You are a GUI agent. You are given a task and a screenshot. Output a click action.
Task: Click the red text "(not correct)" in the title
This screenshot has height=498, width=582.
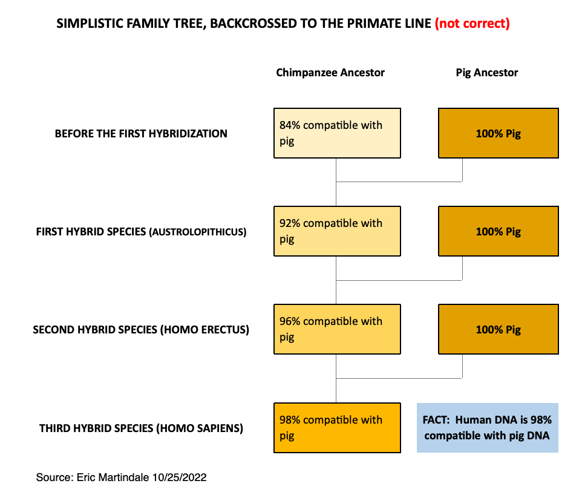click(x=472, y=24)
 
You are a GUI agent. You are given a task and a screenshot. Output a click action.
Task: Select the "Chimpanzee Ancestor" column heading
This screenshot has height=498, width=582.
click(x=330, y=73)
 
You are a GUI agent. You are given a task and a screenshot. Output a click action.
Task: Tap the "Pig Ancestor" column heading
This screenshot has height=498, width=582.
click(x=486, y=73)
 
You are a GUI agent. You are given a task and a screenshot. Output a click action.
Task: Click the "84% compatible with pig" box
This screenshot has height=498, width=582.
click(x=337, y=133)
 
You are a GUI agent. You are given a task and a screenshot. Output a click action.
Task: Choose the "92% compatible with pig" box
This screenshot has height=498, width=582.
click(x=337, y=231)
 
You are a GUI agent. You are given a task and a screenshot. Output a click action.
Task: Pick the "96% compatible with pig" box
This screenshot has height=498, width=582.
click(x=337, y=329)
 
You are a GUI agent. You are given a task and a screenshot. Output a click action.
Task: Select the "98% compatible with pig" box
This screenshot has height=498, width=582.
click(x=337, y=428)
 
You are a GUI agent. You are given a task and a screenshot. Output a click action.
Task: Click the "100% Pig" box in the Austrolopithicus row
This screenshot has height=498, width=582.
click(x=499, y=231)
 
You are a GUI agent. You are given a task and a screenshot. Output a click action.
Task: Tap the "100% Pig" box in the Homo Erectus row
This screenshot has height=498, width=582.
click(x=499, y=329)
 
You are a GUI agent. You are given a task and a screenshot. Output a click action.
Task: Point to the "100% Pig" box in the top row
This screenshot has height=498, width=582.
click(x=499, y=133)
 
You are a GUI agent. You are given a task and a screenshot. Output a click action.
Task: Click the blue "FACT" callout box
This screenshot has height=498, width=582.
click(x=488, y=428)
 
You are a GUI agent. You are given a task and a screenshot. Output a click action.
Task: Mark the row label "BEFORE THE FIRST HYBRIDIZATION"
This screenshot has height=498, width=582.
click(x=141, y=134)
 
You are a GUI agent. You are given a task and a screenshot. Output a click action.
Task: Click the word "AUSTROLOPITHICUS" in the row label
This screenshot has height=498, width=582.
click(x=197, y=232)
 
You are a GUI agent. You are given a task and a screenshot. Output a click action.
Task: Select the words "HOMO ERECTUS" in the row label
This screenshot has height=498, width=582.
click(x=204, y=330)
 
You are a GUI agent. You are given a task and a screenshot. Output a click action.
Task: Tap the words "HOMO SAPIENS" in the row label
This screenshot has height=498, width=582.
click(x=200, y=428)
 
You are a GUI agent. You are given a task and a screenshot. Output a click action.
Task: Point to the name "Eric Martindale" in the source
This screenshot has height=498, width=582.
click(x=113, y=477)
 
